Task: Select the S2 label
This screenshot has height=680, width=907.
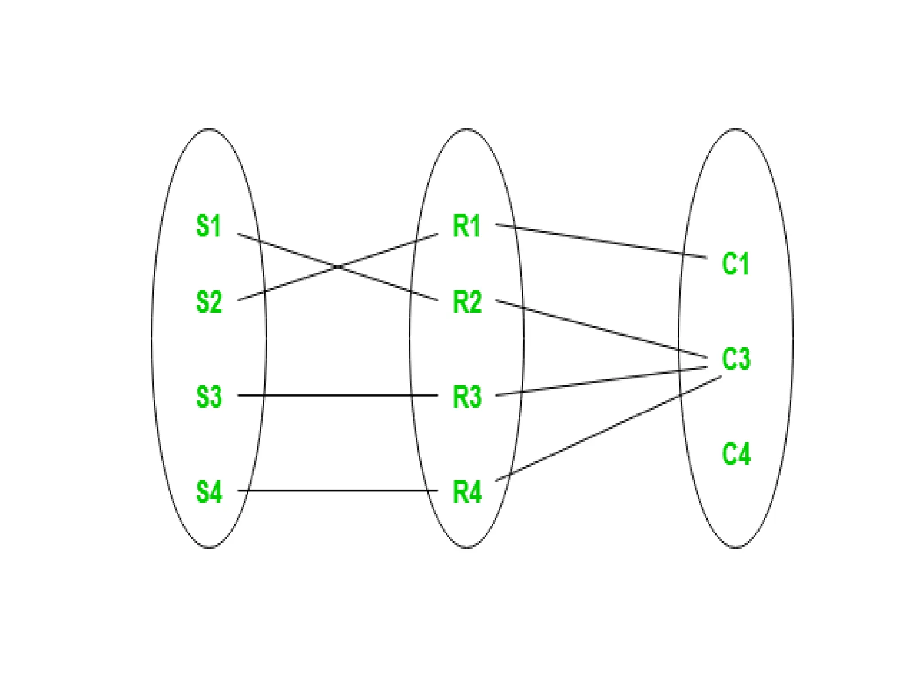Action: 209,302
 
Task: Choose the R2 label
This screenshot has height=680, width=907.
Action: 467,302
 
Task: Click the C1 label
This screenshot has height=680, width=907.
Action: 735,264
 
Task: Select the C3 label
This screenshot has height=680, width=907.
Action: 736,359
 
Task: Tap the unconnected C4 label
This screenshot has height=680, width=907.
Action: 736,454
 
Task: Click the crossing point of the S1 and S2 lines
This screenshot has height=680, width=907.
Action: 338,267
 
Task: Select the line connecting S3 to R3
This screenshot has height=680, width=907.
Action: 337,395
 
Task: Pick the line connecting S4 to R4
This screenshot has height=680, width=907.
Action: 337,491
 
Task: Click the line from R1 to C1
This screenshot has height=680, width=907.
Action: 601,241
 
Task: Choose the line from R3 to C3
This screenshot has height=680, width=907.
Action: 601,381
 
